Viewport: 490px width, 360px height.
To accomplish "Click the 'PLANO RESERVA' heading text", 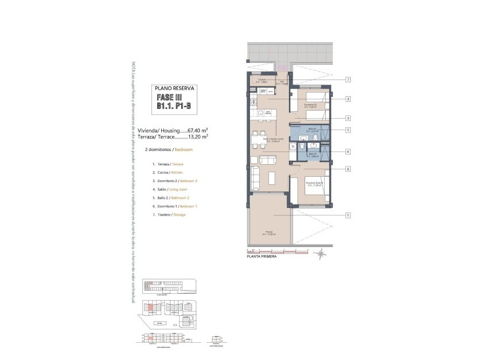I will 176,89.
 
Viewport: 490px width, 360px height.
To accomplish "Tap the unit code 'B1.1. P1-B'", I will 176,107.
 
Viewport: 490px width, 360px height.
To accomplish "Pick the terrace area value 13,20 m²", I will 198,137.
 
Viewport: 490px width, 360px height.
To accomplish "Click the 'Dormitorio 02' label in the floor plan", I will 312,105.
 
